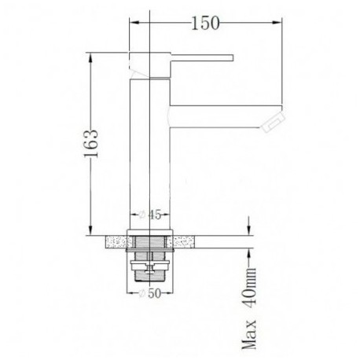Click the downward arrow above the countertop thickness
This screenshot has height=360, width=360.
tap(249, 228)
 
